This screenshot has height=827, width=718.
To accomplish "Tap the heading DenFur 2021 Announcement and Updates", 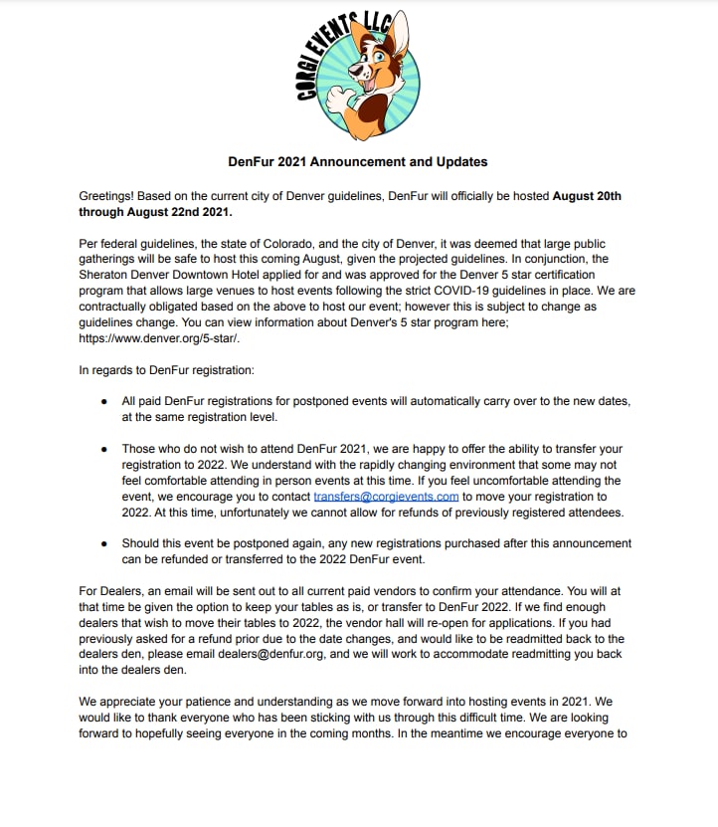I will pyautogui.click(x=358, y=161).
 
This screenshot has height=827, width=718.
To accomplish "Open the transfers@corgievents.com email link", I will pyautogui.click(x=386, y=495).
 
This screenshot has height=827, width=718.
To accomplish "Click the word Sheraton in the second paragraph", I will pyautogui.click(x=106, y=275).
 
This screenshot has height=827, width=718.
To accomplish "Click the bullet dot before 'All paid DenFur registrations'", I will pyautogui.click(x=103, y=401).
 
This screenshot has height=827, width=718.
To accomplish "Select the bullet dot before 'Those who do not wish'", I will pyautogui.click(x=103, y=448).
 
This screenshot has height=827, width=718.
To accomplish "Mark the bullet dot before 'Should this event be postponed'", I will pyautogui.click(x=103, y=543).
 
